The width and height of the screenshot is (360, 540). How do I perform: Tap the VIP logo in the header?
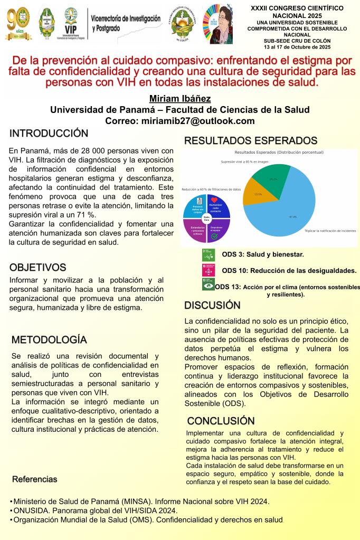tap(71, 23)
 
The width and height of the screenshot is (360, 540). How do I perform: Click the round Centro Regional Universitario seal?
tap(183, 23)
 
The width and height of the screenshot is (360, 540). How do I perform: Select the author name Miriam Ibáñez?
tap(180, 99)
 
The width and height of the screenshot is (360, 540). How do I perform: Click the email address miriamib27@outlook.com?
tap(180, 121)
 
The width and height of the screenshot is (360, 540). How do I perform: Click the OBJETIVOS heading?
tap(37, 267)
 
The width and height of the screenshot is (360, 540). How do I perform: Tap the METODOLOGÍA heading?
tap(49, 339)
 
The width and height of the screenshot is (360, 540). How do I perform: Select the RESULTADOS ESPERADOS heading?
tap(250, 140)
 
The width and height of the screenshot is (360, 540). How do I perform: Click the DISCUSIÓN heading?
tap(212, 305)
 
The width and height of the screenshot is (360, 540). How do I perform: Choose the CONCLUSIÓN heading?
tap(221, 421)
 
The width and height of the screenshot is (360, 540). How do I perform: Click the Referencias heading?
tap(34, 479)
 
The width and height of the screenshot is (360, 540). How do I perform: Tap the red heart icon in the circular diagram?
tap(215, 200)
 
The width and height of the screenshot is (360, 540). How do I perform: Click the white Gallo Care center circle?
tap(206, 217)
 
